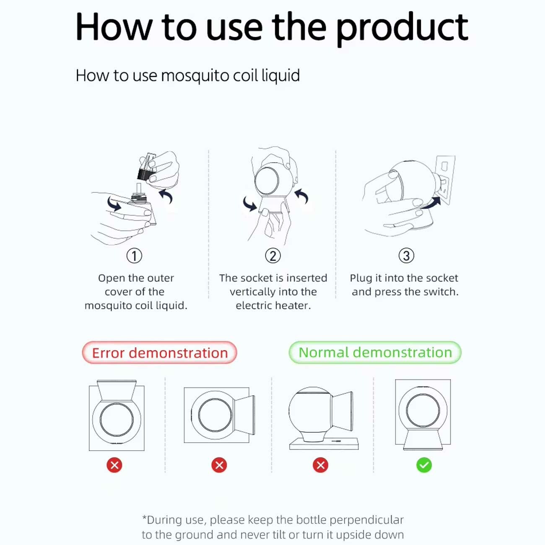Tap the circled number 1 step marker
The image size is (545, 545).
tap(134, 256)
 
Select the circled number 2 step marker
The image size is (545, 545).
tap(273, 256)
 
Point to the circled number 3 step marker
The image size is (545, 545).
tap(406, 256)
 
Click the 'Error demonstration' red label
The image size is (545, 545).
tap(159, 353)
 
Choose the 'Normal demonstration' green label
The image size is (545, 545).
tap(375, 353)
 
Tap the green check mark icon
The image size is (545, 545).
tap(424, 465)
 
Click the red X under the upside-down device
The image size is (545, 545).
tap(114, 465)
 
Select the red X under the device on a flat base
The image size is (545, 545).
tap(320, 465)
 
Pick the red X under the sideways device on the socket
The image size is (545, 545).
tap(219, 465)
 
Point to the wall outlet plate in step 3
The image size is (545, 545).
tap(445, 180)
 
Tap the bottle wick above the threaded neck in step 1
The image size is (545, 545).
tap(138, 188)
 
